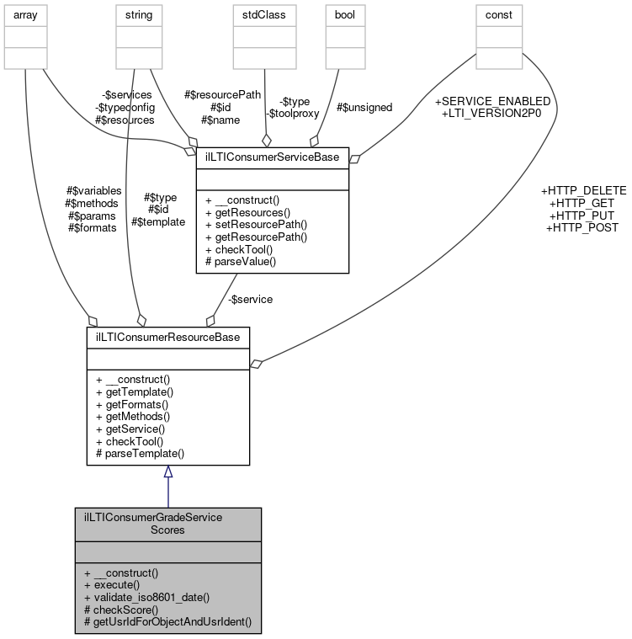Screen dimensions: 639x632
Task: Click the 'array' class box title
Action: pos(25,14)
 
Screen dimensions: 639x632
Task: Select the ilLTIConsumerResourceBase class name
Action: pos(167,337)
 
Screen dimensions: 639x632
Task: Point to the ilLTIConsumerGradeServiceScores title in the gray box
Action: pos(167,524)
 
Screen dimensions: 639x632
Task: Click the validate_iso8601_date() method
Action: pos(146,596)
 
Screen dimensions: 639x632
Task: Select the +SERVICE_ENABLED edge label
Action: pos(492,100)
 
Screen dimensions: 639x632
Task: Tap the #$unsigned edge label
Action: pos(364,107)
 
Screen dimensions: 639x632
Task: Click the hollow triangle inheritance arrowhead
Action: pos(167,471)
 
